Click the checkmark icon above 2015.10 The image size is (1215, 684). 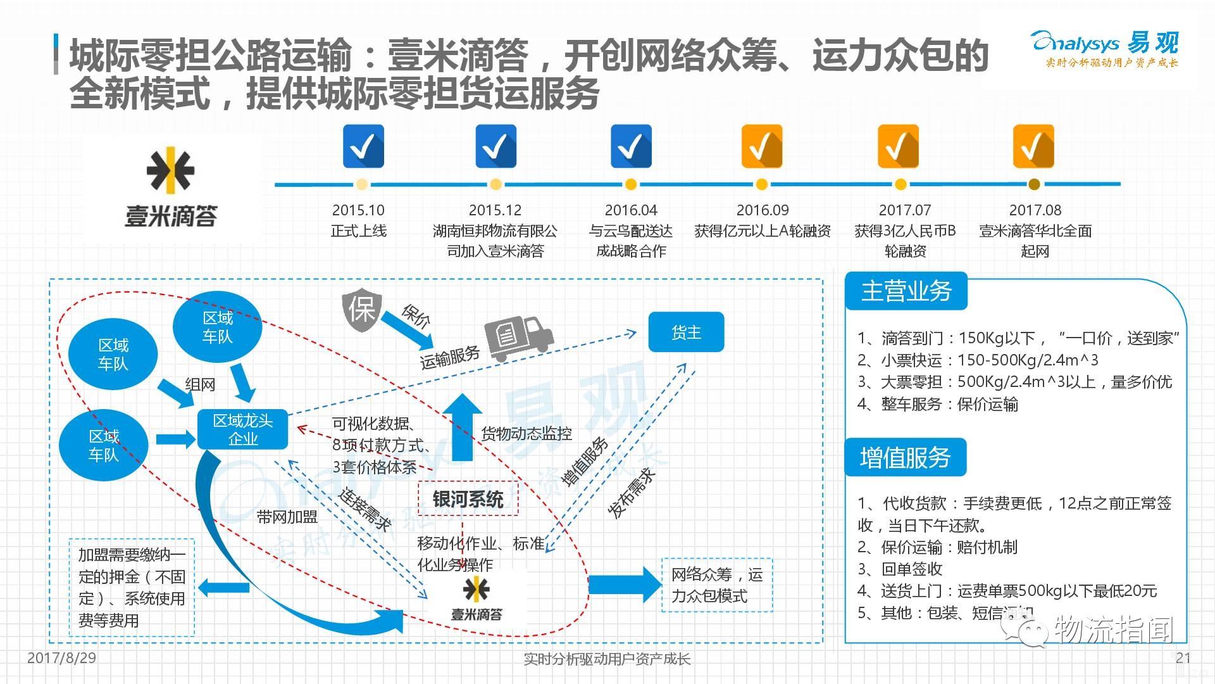click(x=363, y=146)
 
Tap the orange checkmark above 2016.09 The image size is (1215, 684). click(x=762, y=146)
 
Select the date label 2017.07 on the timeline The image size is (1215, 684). click(x=904, y=210)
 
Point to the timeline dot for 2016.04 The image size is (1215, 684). click(x=630, y=184)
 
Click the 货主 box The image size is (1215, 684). click(x=686, y=332)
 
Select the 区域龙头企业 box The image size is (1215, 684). click(x=242, y=429)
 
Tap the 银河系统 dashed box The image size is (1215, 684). click(x=468, y=499)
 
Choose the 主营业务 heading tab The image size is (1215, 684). click(x=906, y=291)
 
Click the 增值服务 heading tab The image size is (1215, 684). click(x=905, y=457)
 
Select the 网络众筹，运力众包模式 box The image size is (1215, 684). click(x=716, y=585)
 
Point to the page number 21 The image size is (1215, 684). click(x=1183, y=658)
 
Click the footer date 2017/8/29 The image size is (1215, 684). click(x=61, y=658)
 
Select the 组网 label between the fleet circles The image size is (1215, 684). click(x=200, y=384)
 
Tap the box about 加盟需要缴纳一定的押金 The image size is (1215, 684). click(x=132, y=587)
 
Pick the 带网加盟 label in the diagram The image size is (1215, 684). click(x=287, y=517)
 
